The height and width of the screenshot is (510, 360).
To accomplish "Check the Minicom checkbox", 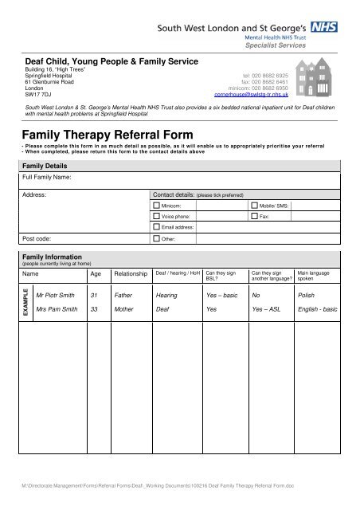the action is point(156,205).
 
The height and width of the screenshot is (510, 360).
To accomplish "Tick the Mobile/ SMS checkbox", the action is point(254,205).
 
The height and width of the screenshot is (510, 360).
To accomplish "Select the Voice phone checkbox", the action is point(156,216).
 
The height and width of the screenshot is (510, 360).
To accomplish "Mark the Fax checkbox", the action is point(254,216).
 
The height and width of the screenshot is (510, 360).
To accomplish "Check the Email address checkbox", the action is point(156,227).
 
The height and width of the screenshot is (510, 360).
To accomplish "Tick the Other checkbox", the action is point(156,238).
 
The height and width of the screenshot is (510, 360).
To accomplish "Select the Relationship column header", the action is point(131,273).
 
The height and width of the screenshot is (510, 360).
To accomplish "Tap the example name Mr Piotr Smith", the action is point(57,294).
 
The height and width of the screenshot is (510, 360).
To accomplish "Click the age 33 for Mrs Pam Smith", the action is point(94,308).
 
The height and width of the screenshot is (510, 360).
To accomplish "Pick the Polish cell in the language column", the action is point(306,294).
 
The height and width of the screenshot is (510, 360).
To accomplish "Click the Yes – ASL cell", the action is point(266,308).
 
